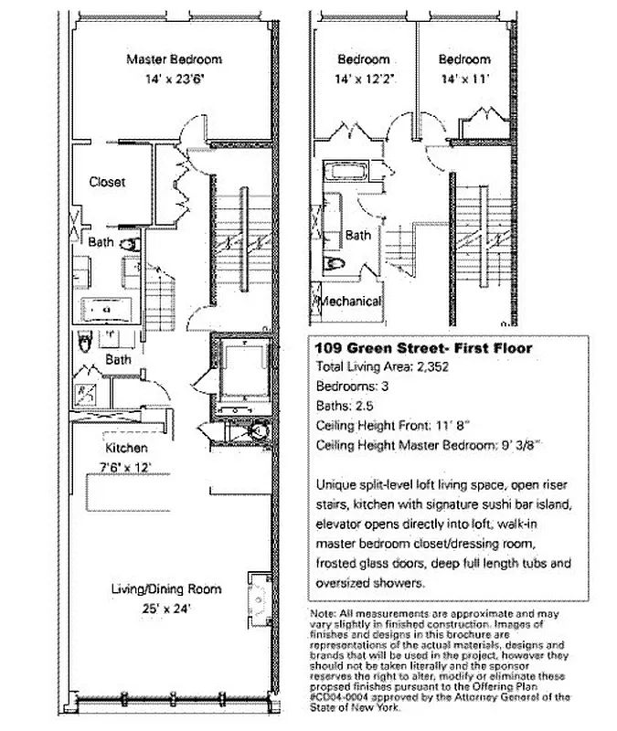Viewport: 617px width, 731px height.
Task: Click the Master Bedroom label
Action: point(174,59)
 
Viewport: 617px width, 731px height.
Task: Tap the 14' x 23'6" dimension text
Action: point(174,79)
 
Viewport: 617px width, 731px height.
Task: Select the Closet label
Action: point(107,182)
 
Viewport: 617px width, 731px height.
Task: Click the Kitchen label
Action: point(126,450)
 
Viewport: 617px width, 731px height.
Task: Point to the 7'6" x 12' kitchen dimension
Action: point(126,468)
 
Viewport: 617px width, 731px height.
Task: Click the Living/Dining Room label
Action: point(166,589)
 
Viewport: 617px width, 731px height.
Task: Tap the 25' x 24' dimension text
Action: point(166,607)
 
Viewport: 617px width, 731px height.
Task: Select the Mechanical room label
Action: point(348,302)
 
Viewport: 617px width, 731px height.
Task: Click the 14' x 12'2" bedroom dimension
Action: point(364,79)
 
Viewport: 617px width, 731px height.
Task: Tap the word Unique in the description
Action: point(335,484)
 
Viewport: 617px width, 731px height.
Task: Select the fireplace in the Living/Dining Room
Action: point(259,595)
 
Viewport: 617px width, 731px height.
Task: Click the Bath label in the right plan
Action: point(358,235)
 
